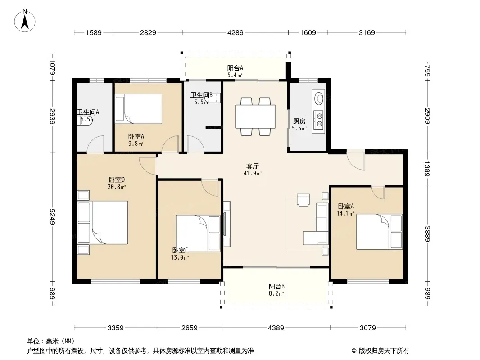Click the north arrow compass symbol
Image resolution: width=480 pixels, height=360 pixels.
pos(25,21)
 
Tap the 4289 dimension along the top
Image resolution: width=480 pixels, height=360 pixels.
pos(235,32)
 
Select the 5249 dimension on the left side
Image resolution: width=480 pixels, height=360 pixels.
pos(52,216)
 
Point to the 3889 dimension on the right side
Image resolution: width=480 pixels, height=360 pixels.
pos(427,234)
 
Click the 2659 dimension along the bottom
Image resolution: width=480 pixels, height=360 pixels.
pos(189,328)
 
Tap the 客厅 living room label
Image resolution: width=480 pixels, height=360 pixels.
pos(253,166)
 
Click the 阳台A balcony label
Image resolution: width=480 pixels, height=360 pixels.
pos(235,68)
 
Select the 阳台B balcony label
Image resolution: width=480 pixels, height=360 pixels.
pos(276,286)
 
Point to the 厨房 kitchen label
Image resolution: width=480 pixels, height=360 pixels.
pos(299,121)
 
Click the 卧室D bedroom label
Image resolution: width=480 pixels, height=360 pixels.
pos(117,180)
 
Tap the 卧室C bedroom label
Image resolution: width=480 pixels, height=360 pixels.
pos(180,250)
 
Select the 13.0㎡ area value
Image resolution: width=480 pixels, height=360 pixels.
pos(180,257)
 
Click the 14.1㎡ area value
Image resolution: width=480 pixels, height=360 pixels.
pos(346,213)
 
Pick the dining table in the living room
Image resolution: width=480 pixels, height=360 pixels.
pos(255,117)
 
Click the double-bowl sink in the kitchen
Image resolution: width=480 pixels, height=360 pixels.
pos(319,120)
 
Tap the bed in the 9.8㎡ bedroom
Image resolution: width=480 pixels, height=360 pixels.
pos(138,108)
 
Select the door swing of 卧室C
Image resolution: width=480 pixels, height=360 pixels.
pos(210,188)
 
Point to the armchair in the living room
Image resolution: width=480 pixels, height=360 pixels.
pos(303,200)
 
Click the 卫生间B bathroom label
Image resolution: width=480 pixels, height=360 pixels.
pos(201,95)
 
